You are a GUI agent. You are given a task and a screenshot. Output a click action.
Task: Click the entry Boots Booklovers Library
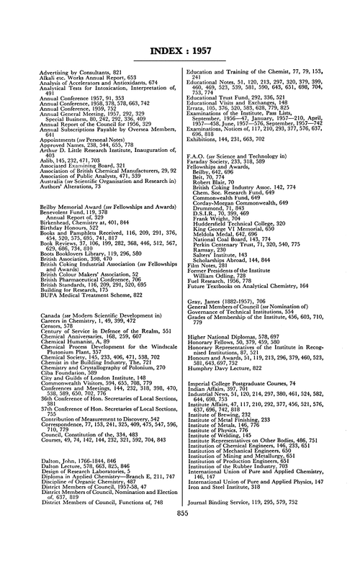point(71,213)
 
